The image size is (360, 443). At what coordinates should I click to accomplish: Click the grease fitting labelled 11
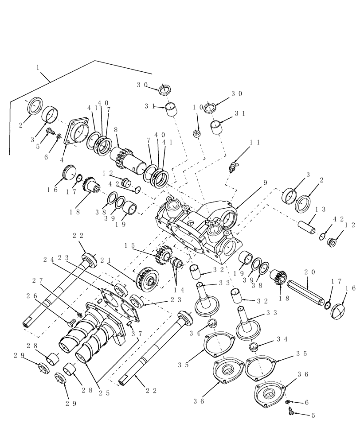coord(231,167)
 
